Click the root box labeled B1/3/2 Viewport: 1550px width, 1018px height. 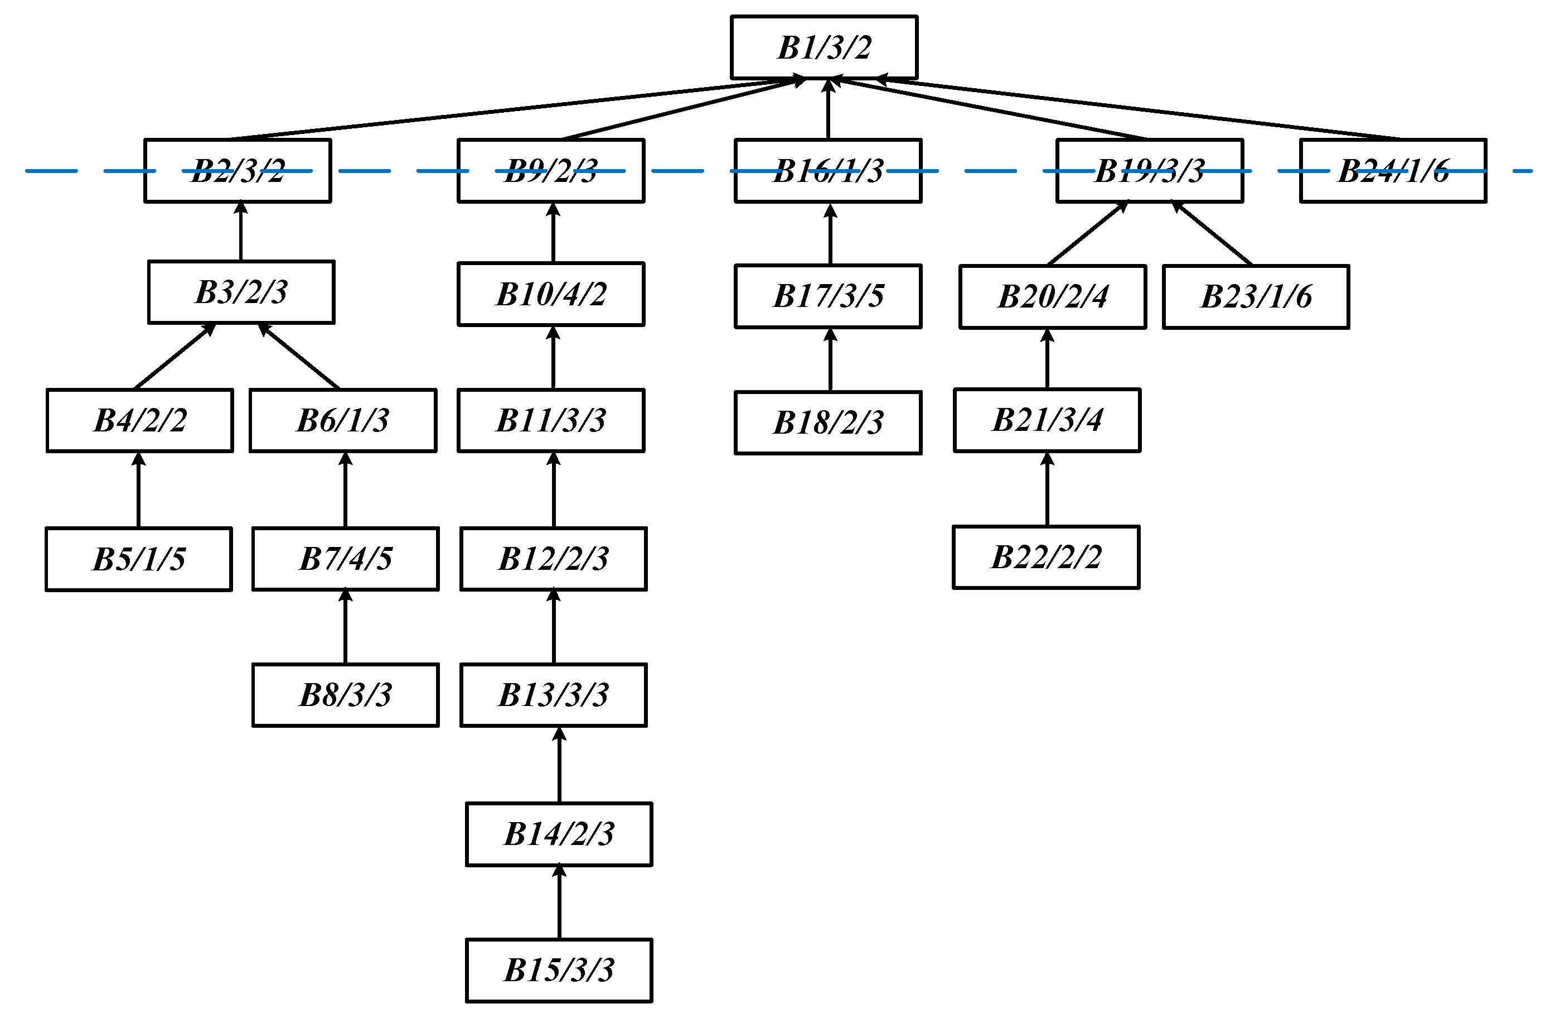[x=824, y=47]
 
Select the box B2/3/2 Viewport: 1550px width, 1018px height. [x=238, y=171]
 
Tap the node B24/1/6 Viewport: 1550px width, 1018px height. [x=1393, y=171]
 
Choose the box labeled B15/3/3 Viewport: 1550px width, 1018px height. [x=559, y=970]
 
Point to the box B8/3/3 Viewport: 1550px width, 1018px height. [x=345, y=695]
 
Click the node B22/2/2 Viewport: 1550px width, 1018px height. [x=1046, y=557]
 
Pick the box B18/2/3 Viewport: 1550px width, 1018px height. [x=828, y=422]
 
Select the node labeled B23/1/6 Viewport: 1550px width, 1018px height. [x=1256, y=296]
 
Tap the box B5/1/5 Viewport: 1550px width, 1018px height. [x=139, y=559]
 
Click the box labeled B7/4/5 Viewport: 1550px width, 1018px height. [x=345, y=559]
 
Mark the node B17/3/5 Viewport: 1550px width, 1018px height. [x=828, y=296]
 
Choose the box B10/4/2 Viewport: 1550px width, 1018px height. [x=551, y=294]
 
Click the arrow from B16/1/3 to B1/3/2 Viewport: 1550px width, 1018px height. [x=829, y=109]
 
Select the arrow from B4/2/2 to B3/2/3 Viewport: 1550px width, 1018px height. [x=175, y=356]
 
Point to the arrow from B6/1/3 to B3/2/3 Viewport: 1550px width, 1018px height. [x=299, y=356]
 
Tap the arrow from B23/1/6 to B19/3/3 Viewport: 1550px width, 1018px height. [x=1213, y=233]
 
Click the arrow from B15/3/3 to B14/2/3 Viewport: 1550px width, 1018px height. [x=559, y=902]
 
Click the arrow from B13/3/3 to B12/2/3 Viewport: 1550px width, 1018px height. [x=554, y=627]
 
